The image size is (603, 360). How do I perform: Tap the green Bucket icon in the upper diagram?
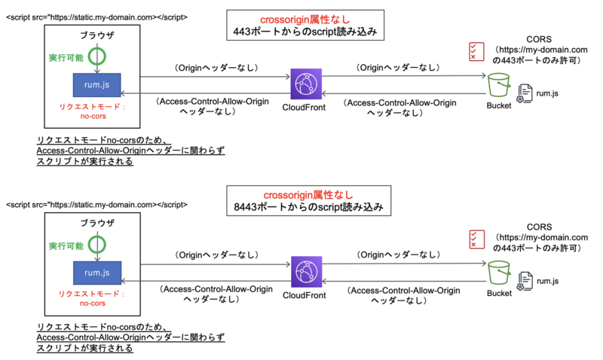499,85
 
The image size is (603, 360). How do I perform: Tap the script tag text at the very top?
97,17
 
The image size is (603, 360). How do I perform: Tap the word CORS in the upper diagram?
540,38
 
